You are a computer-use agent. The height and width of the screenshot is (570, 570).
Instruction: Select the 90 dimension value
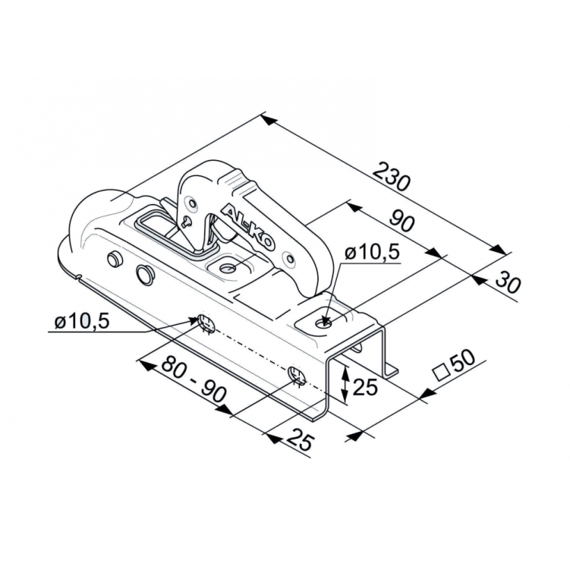(x=402, y=221)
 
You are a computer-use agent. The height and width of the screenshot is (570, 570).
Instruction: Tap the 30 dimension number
(x=508, y=282)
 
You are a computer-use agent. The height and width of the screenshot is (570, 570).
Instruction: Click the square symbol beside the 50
(x=441, y=373)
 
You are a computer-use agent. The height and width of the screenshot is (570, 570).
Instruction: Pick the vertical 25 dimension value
(x=365, y=388)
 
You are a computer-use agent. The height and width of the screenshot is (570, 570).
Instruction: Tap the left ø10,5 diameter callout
(x=82, y=321)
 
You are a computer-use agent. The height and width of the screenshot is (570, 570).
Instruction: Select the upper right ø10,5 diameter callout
(x=372, y=253)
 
